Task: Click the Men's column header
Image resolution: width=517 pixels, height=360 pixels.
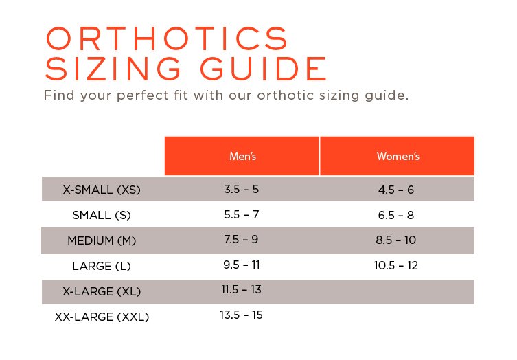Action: point(242,156)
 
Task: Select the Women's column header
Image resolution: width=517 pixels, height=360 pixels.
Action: point(398,156)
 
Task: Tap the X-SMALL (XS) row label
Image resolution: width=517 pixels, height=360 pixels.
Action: point(102,190)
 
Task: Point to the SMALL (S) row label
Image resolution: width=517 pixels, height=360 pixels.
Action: point(102,215)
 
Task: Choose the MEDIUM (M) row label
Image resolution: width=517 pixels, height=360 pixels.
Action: point(102,240)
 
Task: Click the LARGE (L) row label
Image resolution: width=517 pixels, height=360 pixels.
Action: point(102,266)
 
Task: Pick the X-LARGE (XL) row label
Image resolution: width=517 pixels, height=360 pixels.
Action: point(102,291)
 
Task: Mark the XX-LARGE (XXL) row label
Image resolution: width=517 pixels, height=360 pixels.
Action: point(102,317)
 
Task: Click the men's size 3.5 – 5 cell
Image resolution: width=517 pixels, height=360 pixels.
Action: point(242,188)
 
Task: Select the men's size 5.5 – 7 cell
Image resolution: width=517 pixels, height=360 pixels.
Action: point(242,214)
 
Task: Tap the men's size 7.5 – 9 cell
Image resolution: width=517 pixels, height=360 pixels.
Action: point(242,239)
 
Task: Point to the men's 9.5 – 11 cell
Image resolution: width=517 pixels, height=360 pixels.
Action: point(242,265)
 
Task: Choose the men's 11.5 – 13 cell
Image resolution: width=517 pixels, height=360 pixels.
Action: point(242,289)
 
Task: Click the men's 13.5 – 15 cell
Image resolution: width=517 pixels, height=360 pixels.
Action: point(242,315)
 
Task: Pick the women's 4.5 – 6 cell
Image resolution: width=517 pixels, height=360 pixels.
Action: point(396,190)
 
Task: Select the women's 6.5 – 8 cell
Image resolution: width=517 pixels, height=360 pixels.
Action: point(396,215)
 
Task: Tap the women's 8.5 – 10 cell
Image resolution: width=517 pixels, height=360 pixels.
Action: point(397,240)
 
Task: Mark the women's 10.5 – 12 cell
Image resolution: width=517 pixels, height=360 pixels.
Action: point(397,265)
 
